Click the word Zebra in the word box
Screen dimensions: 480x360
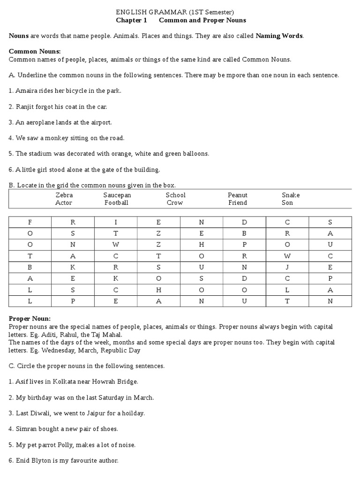click(x=64, y=195)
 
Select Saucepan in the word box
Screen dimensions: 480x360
click(x=117, y=195)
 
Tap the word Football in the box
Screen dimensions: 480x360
click(x=116, y=202)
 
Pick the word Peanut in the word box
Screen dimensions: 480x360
click(x=238, y=195)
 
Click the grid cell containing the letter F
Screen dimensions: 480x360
click(x=30, y=222)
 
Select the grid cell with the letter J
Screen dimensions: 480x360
click(x=287, y=267)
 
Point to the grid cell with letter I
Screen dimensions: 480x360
click(x=116, y=222)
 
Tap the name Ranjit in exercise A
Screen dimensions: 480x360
click(x=25, y=106)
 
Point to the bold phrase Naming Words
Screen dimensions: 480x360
click(x=279, y=36)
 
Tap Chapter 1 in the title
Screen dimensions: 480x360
click(x=131, y=20)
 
